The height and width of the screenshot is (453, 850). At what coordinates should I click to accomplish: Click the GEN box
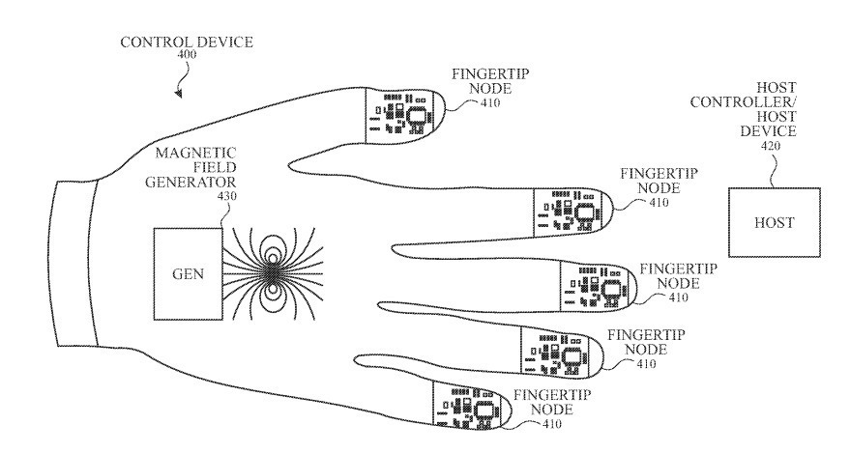click(188, 273)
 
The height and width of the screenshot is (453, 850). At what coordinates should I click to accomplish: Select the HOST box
click(774, 222)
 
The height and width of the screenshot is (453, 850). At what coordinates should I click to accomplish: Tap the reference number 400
click(187, 55)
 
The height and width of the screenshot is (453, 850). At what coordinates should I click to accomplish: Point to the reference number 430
click(226, 196)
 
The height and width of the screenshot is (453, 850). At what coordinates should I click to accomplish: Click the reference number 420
click(771, 146)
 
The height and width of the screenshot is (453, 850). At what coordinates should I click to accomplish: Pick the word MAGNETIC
click(195, 153)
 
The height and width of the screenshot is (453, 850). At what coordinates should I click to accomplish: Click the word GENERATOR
click(191, 182)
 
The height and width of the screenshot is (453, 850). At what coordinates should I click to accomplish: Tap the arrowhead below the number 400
click(178, 94)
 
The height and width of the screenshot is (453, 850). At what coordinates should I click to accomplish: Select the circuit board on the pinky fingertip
click(473, 404)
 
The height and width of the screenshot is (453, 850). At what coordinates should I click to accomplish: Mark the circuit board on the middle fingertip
click(597, 286)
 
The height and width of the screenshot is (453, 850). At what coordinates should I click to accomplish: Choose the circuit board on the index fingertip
click(572, 212)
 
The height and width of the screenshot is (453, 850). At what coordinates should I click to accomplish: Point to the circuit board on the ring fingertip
click(562, 351)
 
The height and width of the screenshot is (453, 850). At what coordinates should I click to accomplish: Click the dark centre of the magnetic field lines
click(271, 274)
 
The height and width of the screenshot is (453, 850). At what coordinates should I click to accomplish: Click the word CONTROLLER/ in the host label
click(744, 102)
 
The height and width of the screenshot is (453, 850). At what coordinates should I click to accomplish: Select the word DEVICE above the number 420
click(768, 131)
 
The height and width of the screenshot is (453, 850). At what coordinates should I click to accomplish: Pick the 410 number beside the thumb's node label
click(490, 102)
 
